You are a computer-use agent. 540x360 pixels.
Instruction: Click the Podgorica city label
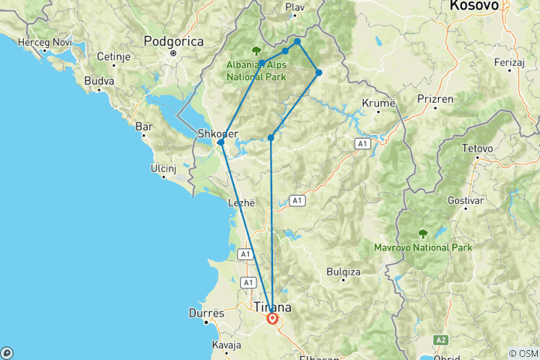(173, 42)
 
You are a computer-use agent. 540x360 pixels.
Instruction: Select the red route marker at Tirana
(272, 319)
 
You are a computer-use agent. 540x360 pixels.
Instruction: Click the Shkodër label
(217, 133)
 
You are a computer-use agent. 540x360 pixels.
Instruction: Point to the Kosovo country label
(474, 6)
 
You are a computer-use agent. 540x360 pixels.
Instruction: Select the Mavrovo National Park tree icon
(423, 233)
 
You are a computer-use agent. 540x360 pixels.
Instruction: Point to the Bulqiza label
(345, 271)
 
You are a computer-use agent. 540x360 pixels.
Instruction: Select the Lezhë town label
(242, 202)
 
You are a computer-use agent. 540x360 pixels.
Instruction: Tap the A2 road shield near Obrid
(441, 339)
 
